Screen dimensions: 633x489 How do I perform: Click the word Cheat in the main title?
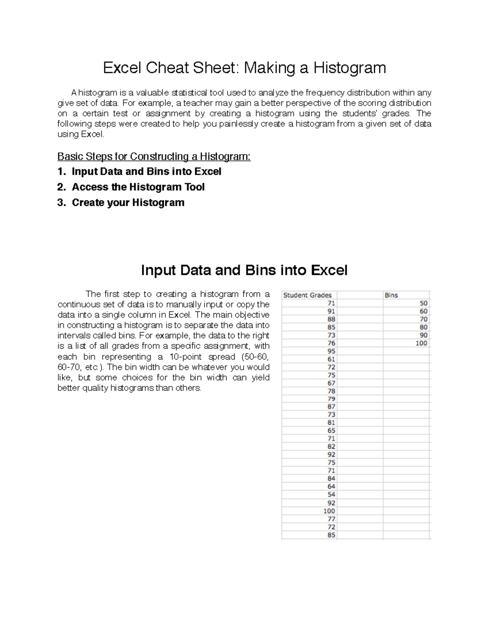(x=167, y=68)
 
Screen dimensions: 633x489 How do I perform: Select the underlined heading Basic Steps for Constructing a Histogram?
(x=154, y=157)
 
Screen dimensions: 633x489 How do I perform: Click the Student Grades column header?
(x=307, y=295)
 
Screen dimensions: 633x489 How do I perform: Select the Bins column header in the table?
(x=391, y=295)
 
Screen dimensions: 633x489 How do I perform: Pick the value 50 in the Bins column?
(x=423, y=303)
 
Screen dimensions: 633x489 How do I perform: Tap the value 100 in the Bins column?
(x=421, y=343)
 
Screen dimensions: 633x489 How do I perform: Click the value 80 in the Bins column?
(x=423, y=327)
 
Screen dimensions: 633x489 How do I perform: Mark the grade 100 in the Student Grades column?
(x=329, y=511)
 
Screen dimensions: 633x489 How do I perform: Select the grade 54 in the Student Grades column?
(x=331, y=495)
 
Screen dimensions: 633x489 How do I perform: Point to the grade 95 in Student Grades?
(x=331, y=351)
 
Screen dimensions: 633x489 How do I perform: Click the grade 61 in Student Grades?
(x=331, y=359)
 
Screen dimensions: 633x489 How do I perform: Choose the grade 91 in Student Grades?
(x=331, y=311)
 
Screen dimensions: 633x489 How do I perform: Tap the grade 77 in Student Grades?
(x=331, y=519)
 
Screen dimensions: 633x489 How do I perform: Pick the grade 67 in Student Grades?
(x=331, y=383)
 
